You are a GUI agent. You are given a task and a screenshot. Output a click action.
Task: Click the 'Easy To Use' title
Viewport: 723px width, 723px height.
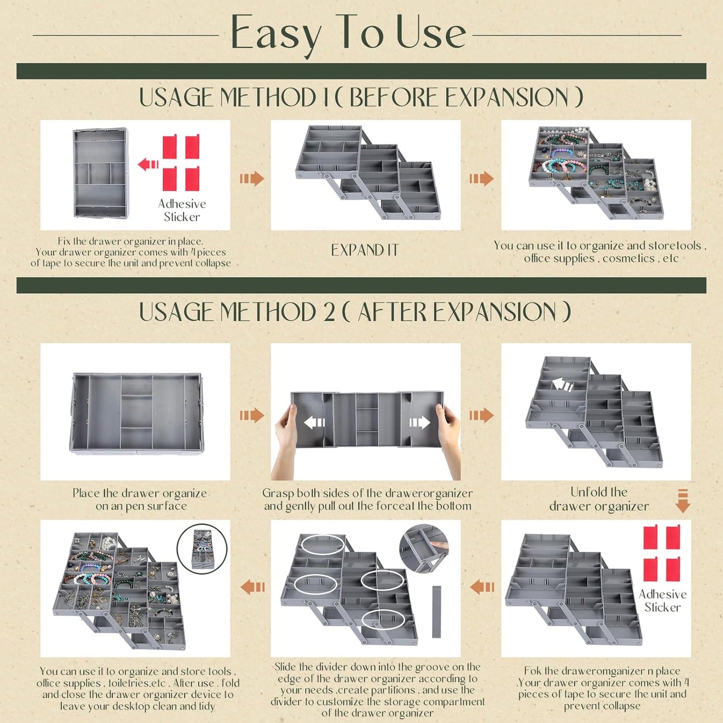(348, 34)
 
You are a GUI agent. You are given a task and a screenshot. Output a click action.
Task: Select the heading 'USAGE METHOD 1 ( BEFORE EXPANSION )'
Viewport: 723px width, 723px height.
(361, 98)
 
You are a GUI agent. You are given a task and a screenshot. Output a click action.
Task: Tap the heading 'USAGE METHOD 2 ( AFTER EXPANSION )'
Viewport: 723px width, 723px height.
(355, 312)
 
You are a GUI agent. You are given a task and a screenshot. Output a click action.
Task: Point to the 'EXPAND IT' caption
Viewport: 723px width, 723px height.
(365, 250)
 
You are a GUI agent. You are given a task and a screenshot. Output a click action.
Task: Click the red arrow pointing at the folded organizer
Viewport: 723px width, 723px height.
(148, 164)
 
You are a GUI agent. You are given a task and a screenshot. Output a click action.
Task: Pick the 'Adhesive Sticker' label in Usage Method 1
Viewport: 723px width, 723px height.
(182, 210)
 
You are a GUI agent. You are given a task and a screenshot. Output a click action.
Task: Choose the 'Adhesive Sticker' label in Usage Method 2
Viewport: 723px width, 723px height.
(662, 600)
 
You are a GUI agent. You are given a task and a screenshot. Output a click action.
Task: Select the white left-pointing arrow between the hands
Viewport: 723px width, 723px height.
(314, 423)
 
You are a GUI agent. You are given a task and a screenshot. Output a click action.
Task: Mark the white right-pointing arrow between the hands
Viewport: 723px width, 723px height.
(419, 423)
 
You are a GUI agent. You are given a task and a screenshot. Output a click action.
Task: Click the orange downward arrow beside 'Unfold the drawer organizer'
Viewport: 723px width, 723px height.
(682, 501)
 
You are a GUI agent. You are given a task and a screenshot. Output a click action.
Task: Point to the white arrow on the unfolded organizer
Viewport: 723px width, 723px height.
(562, 385)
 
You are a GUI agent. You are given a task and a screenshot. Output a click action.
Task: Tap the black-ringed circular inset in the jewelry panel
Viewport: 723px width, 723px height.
(202, 548)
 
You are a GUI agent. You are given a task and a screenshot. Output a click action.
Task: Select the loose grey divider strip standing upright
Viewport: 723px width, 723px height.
(436, 611)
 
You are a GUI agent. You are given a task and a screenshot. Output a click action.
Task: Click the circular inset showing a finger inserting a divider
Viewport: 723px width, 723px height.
(424, 548)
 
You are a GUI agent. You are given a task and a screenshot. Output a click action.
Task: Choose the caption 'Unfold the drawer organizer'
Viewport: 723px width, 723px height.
(599, 499)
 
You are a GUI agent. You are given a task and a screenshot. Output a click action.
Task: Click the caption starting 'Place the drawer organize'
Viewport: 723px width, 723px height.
(140, 499)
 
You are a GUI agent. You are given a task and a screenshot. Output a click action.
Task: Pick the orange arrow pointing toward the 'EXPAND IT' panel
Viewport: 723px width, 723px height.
(252, 178)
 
